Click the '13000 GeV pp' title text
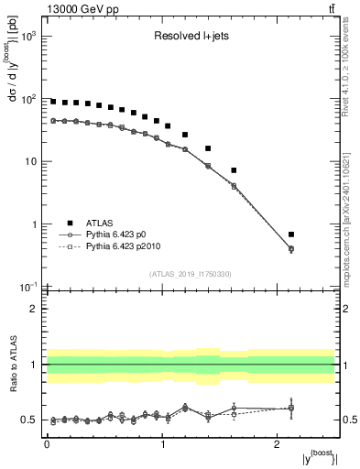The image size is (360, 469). tap(78, 9)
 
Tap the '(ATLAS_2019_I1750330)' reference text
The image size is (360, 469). tap(190, 274)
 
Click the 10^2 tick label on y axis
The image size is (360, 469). tap(29, 99)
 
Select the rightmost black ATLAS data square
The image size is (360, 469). tap(291, 234)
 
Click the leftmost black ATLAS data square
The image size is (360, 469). tap(53, 102)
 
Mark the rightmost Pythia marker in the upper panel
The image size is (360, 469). tap(291, 249)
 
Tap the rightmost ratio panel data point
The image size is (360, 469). tap(291, 408)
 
